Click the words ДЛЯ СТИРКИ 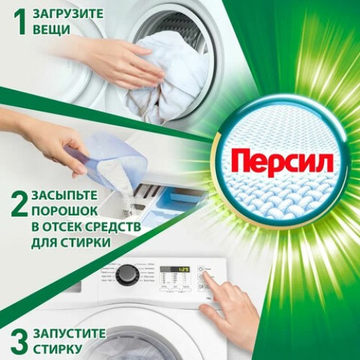(x=71, y=243)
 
